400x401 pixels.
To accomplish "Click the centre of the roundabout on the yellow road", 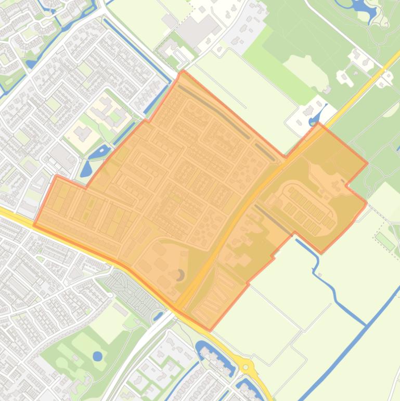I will (x=246, y=367).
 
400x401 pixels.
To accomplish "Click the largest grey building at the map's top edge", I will (x=198, y=29).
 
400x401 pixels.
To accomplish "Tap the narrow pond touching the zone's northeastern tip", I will (x=315, y=119).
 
